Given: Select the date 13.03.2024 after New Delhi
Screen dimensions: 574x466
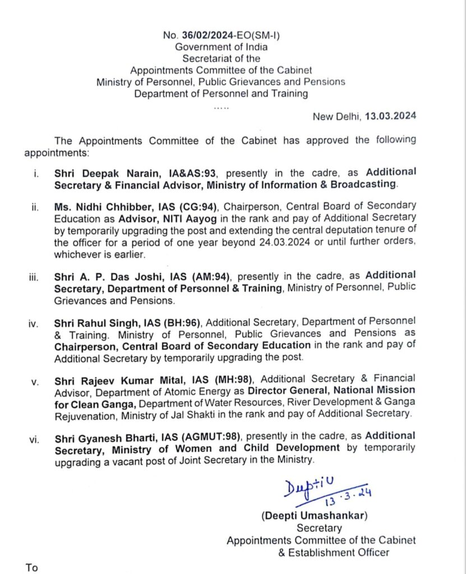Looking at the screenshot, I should click(x=390, y=117).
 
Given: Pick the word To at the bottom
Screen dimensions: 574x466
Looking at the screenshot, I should click(x=32, y=567).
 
